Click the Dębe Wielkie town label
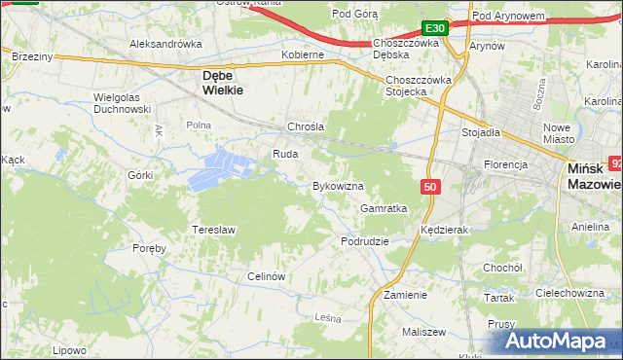tap(221, 81)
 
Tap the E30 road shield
tap(435, 28)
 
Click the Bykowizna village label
tap(337, 185)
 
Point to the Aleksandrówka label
tap(165, 44)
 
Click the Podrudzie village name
tap(365, 240)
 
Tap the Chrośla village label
tap(305, 126)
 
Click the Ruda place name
tap(284, 154)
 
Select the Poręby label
tap(150, 248)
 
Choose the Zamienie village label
tap(405, 294)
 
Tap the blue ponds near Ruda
tap(220, 166)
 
